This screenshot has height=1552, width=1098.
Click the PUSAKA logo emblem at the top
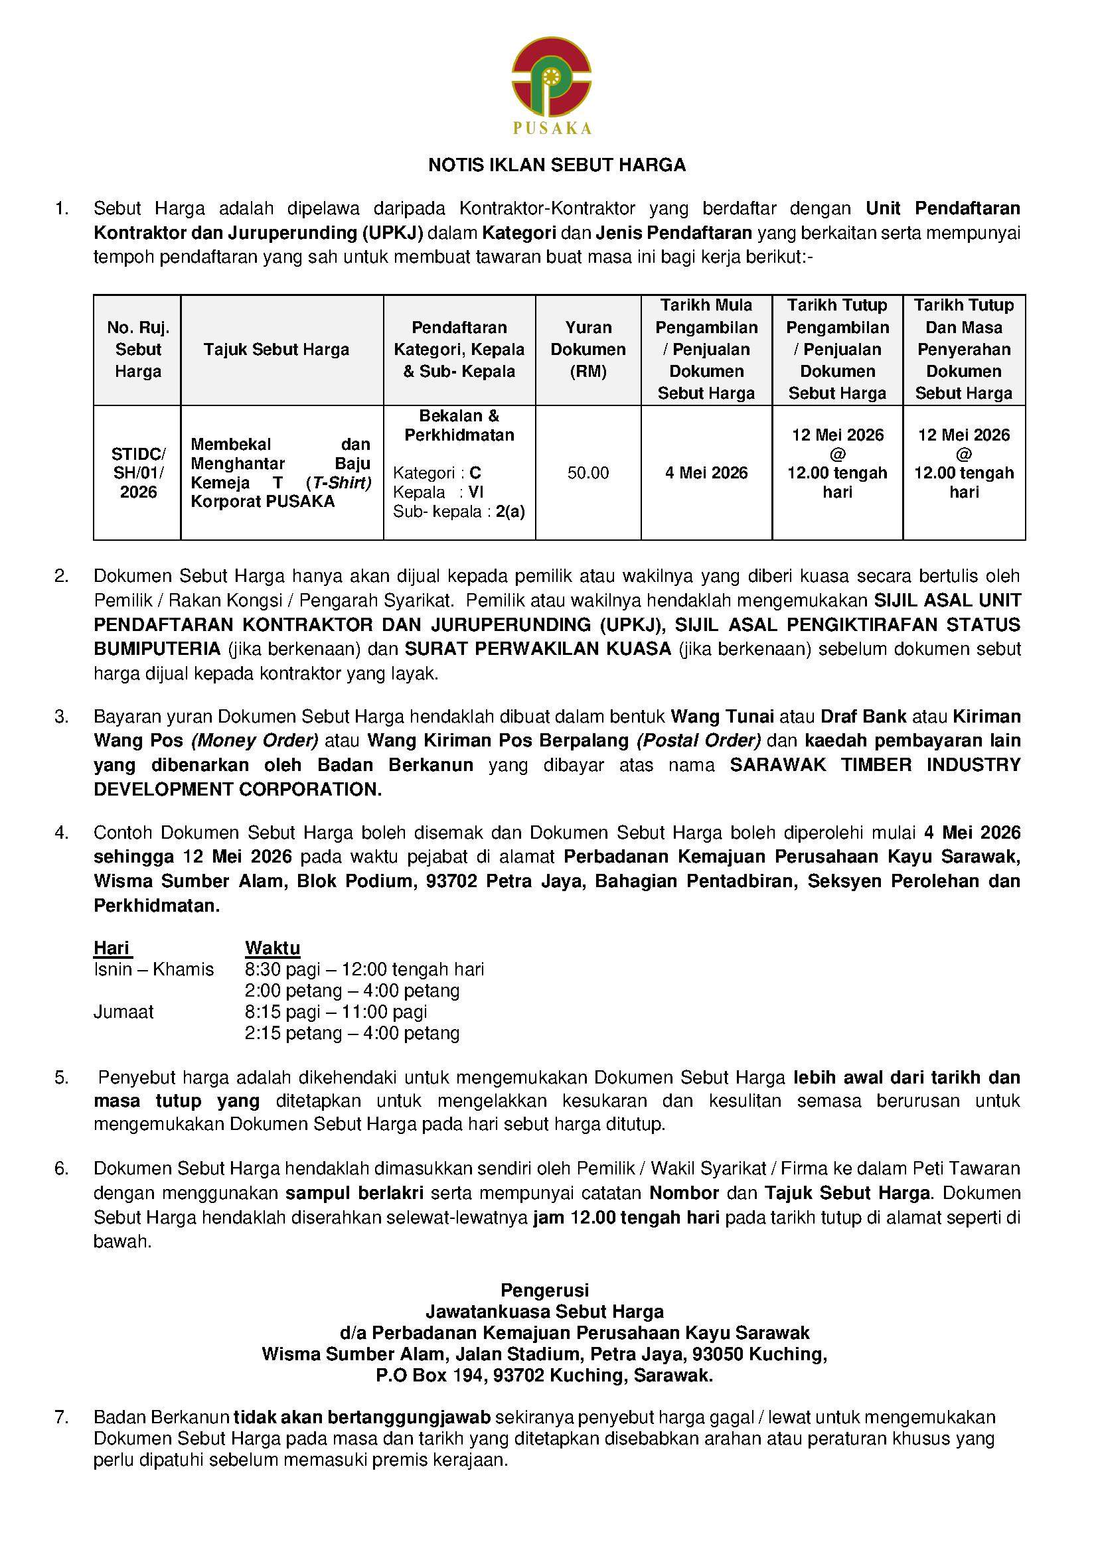[x=551, y=78]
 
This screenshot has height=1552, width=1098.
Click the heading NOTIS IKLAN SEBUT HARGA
[x=557, y=165]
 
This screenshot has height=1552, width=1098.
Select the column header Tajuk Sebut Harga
[x=276, y=350]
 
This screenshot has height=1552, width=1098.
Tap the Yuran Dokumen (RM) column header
[x=588, y=350]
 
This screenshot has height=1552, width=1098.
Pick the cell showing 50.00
[x=588, y=472]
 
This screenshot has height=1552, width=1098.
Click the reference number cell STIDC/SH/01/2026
[x=138, y=472]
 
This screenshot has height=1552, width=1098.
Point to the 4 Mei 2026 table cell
[x=706, y=472]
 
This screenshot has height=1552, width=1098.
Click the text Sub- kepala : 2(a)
[x=459, y=511]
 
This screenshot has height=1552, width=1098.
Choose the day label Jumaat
[x=123, y=1012]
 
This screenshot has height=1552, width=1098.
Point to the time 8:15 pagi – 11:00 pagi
[x=336, y=1012]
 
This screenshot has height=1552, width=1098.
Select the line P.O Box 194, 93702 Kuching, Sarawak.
[x=544, y=1376]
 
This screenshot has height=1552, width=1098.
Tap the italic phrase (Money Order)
[x=254, y=741]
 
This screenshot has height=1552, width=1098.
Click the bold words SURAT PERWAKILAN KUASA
[x=538, y=648]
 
